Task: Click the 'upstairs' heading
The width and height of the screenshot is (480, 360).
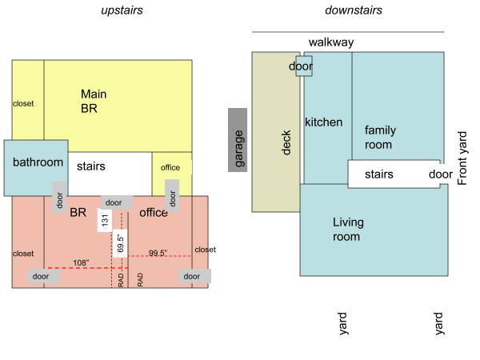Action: coord(122,10)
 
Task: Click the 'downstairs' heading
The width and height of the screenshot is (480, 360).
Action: coord(354,10)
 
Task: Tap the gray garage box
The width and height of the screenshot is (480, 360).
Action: coord(238,140)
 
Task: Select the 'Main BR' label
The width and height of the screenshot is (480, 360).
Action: coord(94,101)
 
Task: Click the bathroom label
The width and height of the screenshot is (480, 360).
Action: coord(38,162)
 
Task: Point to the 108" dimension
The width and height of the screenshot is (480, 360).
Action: coord(81,262)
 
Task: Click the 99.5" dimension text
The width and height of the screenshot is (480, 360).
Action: coord(158,253)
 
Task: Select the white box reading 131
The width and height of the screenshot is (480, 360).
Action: coord(104,220)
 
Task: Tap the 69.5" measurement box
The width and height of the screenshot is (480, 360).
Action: coord(120,243)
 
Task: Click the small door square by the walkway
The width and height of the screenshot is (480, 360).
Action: coord(304,66)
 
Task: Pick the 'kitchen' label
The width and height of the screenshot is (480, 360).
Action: coord(323,122)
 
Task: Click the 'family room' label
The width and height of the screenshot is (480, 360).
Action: coord(380,137)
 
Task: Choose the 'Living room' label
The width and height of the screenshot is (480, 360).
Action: coord(348,230)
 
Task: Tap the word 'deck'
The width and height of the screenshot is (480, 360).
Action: coord(286,142)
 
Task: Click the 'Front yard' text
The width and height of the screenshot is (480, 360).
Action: coord(462,158)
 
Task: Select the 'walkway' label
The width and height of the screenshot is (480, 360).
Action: coord(331,42)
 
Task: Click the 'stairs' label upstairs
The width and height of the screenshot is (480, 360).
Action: coord(91,166)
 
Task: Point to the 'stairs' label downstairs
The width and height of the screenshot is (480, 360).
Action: coord(379,174)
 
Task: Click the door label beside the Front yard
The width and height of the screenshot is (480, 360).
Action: coord(441,174)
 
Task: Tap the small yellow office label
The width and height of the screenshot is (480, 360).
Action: coord(170,167)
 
